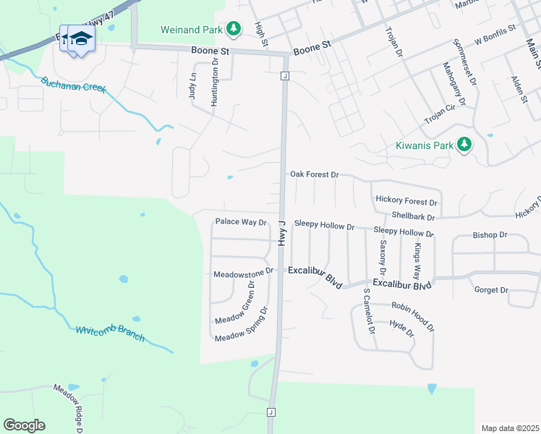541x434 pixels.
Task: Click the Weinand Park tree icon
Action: click(233, 29)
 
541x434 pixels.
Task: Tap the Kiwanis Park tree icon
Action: click(464, 145)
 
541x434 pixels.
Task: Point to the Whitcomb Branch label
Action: click(110, 334)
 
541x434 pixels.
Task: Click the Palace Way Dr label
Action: click(241, 222)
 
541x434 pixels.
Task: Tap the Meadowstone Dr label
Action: click(243, 273)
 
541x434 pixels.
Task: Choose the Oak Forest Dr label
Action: click(314, 174)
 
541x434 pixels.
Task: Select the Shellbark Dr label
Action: click(413, 216)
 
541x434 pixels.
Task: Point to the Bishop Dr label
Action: click(490, 235)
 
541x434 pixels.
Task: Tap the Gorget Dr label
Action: click(491, 290)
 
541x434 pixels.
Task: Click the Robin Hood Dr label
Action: click(413, 317)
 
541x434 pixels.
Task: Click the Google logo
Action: click(24, 425)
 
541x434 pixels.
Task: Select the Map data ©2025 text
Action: click(509, 428)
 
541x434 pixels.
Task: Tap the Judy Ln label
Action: click(192, 85)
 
